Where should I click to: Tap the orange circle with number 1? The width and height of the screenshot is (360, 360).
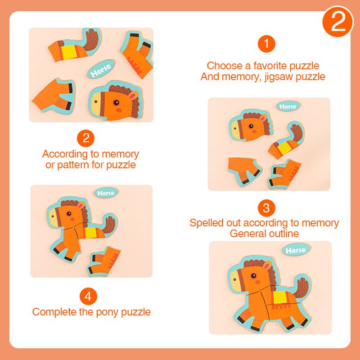click(266, 44)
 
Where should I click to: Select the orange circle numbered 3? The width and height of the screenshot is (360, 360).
click(266, 208)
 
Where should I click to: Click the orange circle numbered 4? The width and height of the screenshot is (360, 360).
click(89, 296)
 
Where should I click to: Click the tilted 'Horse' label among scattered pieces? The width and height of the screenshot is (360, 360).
click(99, 70)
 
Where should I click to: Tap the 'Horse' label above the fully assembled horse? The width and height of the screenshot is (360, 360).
click(295, 250)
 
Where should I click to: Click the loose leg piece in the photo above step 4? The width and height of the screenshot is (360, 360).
click(104, 261)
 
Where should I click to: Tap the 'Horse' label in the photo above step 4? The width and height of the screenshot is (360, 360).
click(106, 193)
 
